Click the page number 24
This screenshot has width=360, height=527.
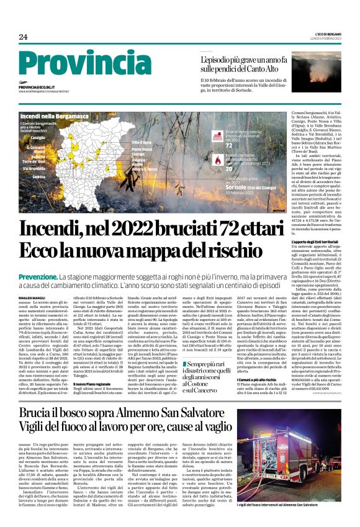(24, 37)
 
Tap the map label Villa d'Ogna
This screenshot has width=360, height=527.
(142, 143)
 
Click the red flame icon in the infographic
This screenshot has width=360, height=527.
(217, 160)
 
